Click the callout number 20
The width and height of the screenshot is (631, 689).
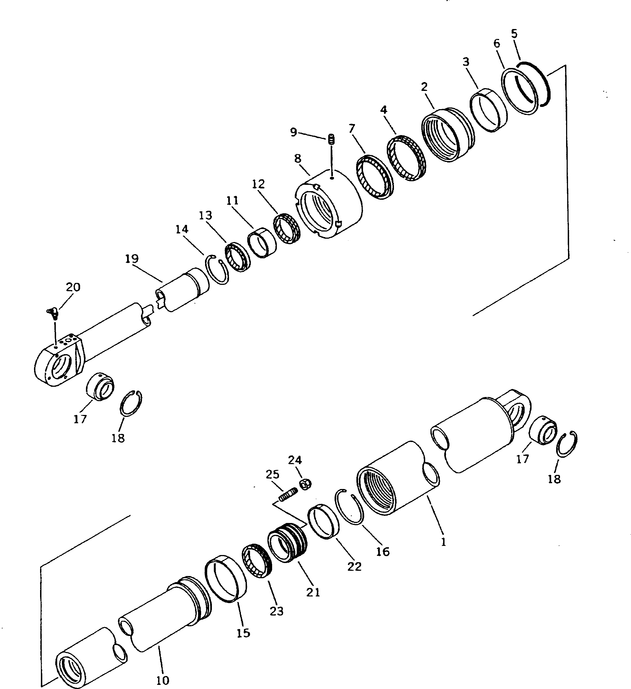[x=73, y=287]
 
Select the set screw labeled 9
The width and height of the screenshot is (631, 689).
[x=331, y=140]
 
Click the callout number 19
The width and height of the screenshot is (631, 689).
[x=132, y=258]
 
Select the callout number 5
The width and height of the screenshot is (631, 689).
[x=514, y=34]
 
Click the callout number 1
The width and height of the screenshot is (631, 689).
[x=443, y=542]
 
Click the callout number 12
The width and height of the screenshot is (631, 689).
[x=258, y=185]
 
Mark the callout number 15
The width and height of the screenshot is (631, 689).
[x=243, y=633]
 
